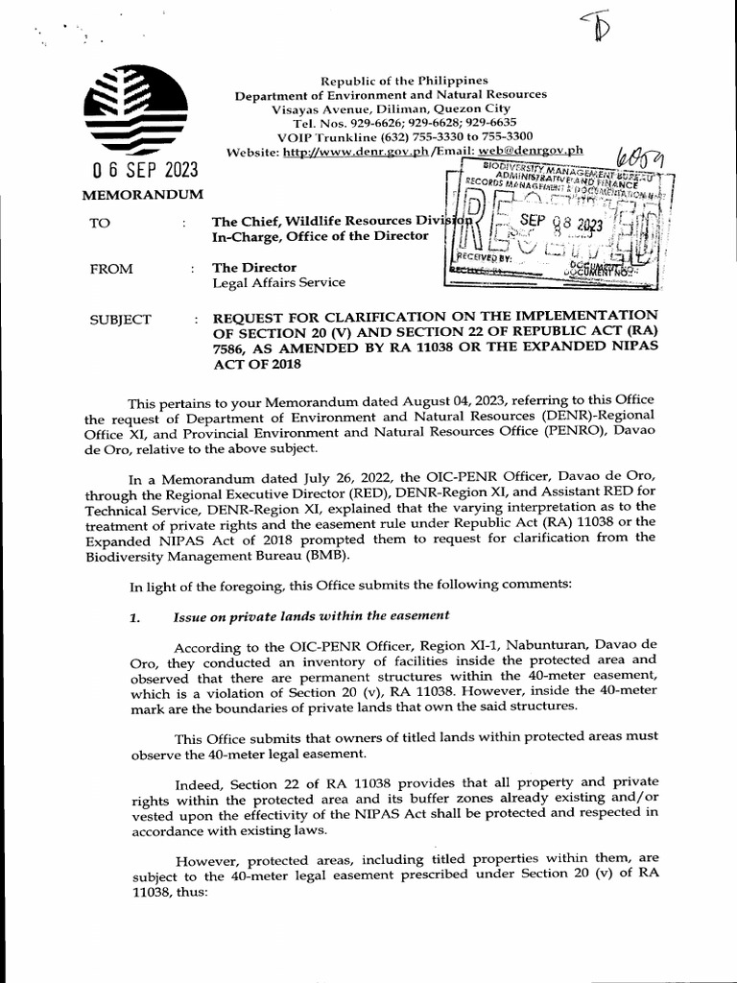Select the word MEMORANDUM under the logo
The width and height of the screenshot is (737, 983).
click(145, 195)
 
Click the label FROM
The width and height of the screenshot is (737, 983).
click(111, 269)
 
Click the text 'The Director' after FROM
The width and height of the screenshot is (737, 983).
click(254, 268)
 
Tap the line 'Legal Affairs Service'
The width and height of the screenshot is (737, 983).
click(278, 283)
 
